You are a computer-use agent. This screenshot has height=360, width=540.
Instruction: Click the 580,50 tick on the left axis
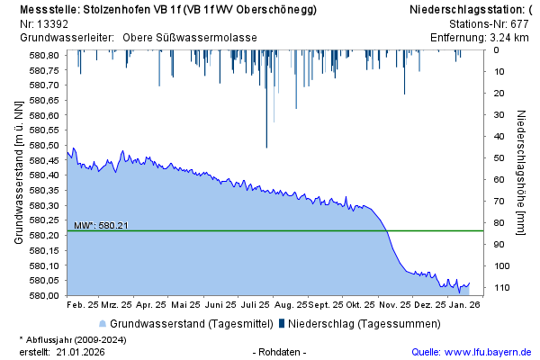(x=46, y=145)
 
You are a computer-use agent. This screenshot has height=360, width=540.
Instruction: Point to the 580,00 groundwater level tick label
(x=46, y=295)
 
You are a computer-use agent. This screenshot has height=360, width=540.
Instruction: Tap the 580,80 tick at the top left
(x=46, y=55)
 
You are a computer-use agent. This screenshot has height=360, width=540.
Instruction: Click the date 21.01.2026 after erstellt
(x=81, y=351)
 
